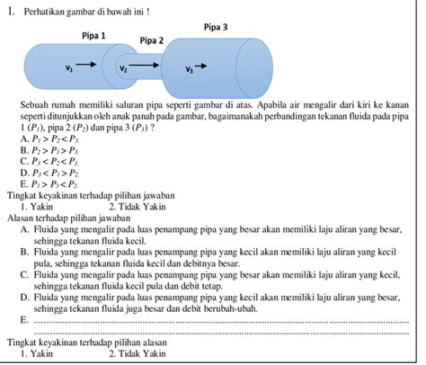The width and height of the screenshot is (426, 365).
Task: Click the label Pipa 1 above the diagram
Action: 94,36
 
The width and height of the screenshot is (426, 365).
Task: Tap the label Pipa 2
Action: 151,41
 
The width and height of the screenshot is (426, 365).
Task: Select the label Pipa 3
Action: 215,28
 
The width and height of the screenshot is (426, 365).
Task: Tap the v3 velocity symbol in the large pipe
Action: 189,69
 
